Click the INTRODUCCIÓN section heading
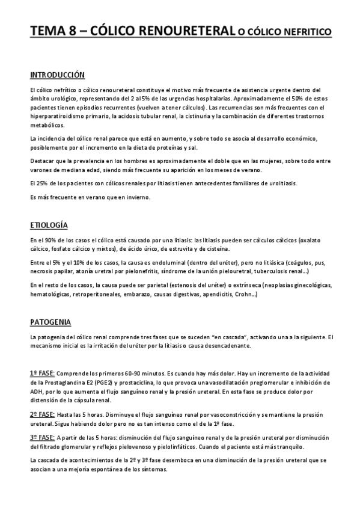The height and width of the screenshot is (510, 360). coord(57,75)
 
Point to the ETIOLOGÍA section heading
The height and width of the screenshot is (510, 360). coord(49,225)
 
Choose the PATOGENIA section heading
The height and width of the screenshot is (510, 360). coord(50,322)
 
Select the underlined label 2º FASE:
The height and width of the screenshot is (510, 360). coord(42,415)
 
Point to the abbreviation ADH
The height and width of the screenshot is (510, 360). coord(37,392)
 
